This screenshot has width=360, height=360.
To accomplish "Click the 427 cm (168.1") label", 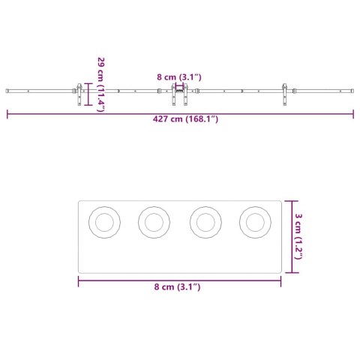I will point(180,118).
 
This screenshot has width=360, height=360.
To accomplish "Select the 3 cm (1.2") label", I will point(299,235).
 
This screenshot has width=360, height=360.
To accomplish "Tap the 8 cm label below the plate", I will point(178,286).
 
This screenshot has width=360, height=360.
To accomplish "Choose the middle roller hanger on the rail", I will point(179,95).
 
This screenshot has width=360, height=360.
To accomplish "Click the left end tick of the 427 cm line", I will point(7,114).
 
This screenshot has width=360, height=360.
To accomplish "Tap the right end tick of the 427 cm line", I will point(353,114).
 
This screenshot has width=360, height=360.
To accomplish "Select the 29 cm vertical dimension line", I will point(89,94).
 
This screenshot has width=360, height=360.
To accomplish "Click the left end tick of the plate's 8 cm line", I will point(79,280).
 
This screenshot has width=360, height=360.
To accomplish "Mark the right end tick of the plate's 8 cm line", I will point(281,280).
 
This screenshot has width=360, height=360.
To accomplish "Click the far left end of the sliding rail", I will point(7,91).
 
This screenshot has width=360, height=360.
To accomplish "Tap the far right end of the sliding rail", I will point(352,91).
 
